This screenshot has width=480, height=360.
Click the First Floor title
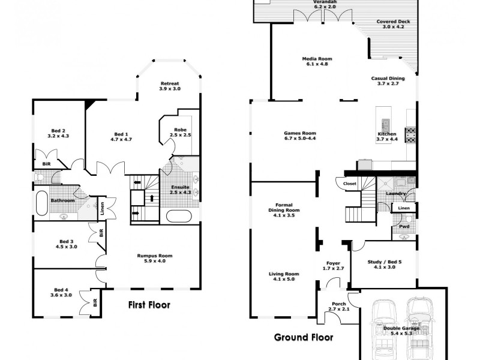[x=149, y=305]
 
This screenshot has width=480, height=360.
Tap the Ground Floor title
[x=303, y=337]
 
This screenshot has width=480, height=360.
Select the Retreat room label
[x=170, y=83]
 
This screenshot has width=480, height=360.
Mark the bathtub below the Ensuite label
[x=179, y=216]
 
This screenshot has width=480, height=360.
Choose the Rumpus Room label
[x=154, y=256]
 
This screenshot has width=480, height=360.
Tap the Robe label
[x=180, y=130]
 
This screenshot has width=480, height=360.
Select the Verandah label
[x=325, y=2]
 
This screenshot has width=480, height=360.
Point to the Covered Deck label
[x=391, y=22]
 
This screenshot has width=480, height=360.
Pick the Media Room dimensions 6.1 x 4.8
[x=317, y=64]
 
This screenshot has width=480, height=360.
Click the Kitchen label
[x=386, y=133]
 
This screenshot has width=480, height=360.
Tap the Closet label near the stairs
[x=350, y=184]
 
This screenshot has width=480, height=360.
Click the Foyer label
[x=333, y=262]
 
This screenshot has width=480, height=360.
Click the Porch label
[x=338, y=304]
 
